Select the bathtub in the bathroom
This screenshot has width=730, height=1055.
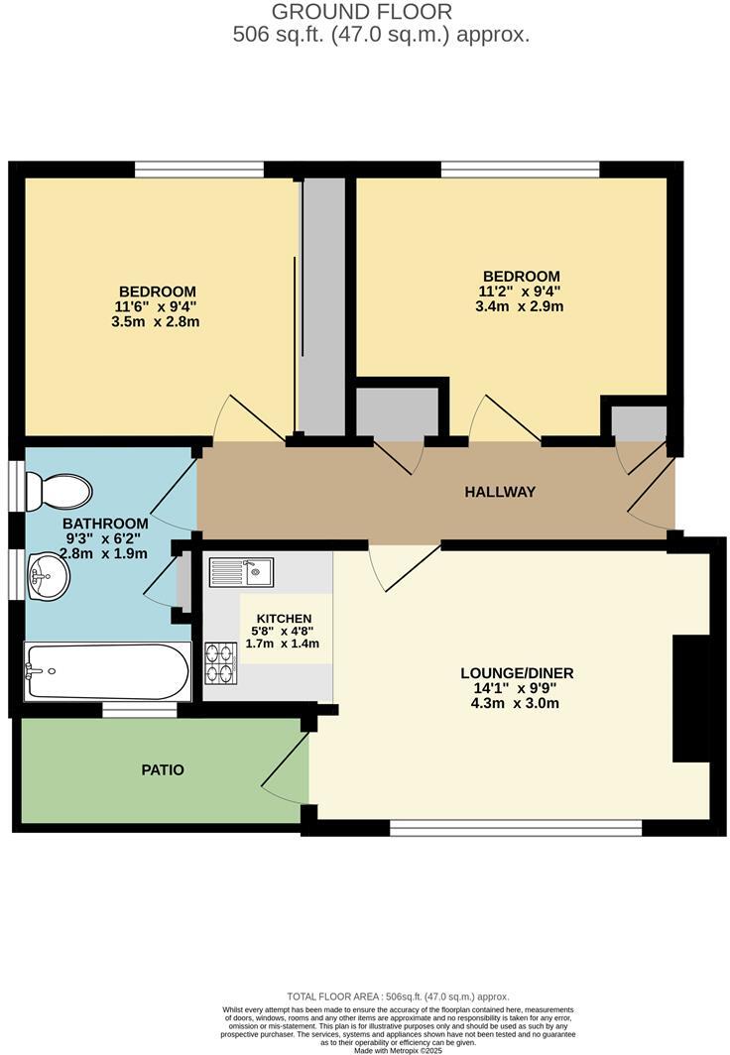coord(106,671)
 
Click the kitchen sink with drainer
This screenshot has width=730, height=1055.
coord(242,571)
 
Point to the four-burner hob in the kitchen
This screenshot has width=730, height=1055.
coord(219,662)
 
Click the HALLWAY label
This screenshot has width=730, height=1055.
coord(501,492)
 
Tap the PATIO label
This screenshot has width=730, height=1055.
coord(163,769)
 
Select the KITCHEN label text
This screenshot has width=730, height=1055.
coord(284,618)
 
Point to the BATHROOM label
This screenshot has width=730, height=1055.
coord(105,523)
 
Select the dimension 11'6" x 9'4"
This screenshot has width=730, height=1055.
coord(157,306)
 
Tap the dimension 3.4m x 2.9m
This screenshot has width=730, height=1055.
coord(521,306)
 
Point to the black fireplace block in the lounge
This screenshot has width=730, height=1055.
coord(691,698)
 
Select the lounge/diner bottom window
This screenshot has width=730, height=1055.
coord(516,826)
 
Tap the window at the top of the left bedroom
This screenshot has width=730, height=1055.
coord(199,170)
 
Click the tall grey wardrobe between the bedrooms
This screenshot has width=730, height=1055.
coord(323,307)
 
